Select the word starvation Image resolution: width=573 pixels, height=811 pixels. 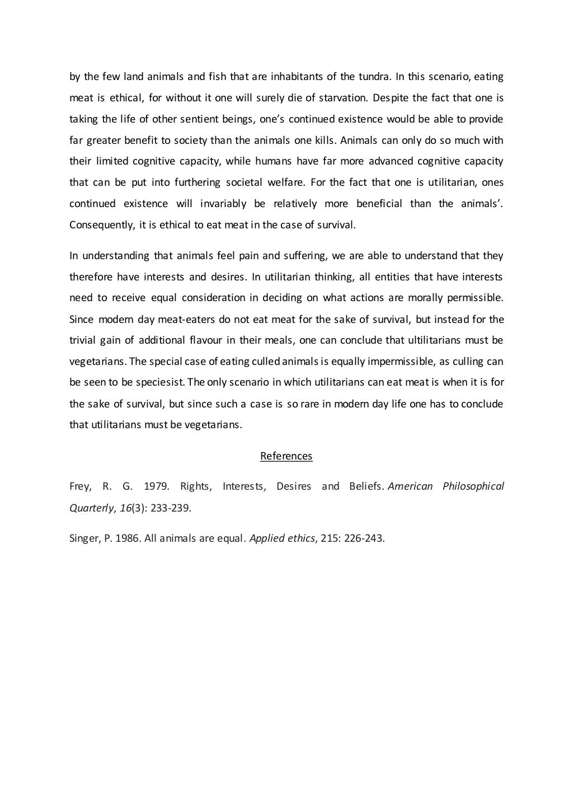click(343, 98)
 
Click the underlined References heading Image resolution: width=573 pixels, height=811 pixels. click(286, 456)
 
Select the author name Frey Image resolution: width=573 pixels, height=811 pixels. click(79, 486)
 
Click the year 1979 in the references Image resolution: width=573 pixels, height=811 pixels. click(156, 486)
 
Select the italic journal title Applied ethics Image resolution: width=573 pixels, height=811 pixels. click(281, 539)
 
